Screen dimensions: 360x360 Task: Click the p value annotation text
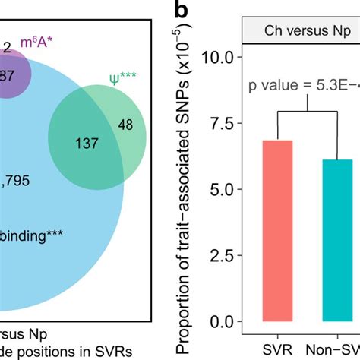click(x=304, y=84)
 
